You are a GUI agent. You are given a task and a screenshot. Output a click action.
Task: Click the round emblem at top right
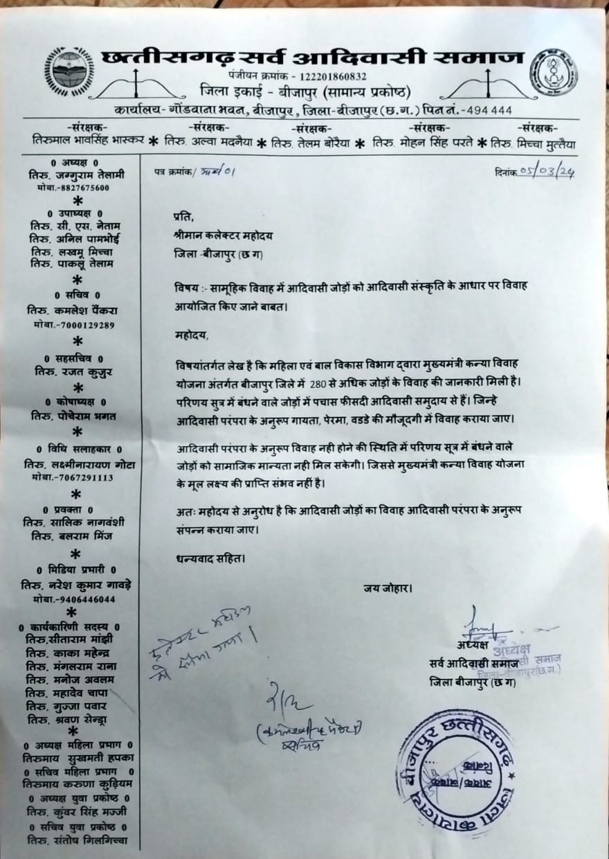tap(554, 71)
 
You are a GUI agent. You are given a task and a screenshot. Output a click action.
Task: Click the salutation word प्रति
tap(183, 216)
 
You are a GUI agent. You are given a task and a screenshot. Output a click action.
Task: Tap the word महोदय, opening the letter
tap(192, 335)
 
